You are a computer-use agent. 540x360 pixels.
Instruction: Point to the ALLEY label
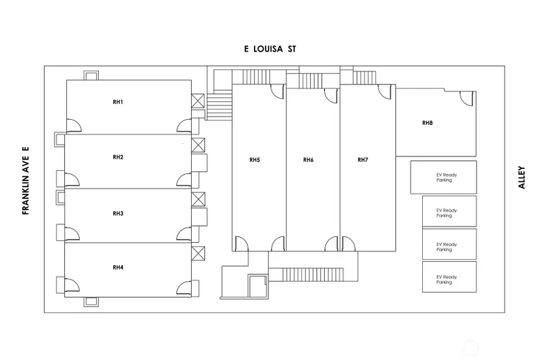522,177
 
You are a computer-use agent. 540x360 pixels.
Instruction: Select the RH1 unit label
118,102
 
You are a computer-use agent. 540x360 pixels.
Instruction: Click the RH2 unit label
118,157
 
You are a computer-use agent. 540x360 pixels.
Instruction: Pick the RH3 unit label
118,213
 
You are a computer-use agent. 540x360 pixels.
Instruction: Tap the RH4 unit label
118,267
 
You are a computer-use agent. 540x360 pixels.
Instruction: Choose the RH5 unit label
255,160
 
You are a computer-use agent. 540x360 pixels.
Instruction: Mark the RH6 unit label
309,160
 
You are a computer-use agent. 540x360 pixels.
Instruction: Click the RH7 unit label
363,160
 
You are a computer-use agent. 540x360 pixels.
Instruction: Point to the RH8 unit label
427,122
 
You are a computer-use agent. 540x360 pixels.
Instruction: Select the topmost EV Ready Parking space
443,177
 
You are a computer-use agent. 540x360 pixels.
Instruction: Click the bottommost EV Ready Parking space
448,277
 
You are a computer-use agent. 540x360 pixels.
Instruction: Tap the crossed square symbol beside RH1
198,101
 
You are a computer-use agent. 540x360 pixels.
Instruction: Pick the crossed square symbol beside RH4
198,253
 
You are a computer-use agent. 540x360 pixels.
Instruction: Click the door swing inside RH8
467,98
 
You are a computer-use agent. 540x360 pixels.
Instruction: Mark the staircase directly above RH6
312,81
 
